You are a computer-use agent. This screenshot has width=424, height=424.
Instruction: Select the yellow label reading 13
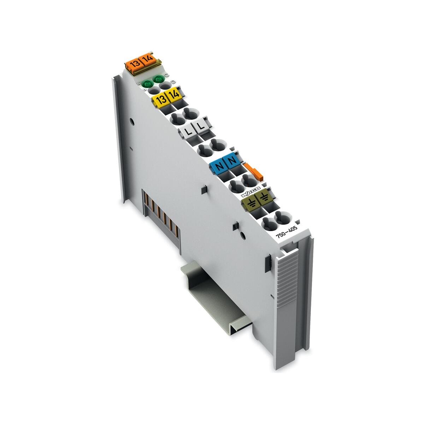click(159, 99)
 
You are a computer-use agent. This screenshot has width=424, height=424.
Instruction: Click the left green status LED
click(147, 84)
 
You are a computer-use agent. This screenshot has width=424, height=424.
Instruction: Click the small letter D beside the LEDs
click(172, 83)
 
